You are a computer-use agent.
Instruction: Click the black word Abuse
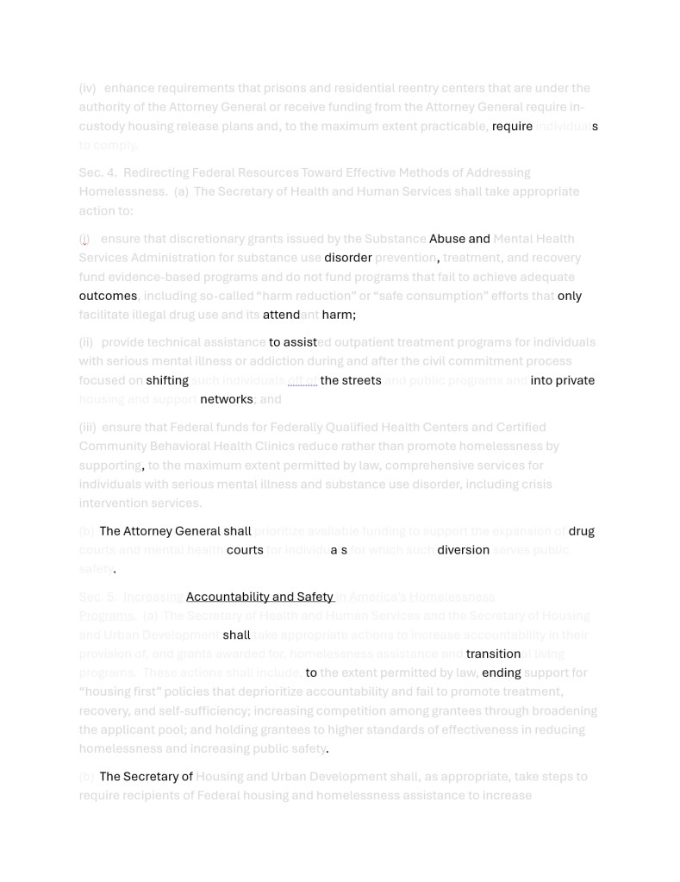tap(446, 239)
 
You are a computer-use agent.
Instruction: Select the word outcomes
tap(108, 296)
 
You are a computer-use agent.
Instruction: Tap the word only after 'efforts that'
tap(569, 296)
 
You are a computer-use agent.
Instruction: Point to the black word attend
tap(281, 315)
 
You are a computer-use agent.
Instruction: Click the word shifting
tap(167, 380)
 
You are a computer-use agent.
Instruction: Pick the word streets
tap(362, 380)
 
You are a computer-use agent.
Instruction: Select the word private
tap(575, 380)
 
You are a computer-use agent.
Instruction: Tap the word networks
tap(226, 399)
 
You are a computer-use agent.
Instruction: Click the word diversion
tap(463, 550)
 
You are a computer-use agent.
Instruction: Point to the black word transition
tap(493, 654)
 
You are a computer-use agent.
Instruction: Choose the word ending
tap(501, 672)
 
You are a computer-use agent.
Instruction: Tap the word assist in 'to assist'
tap(300, 342)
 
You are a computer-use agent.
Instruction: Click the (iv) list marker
tap(87, 88)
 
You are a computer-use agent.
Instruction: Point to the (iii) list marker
tap(87, 427)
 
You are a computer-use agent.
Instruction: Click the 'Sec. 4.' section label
tap(97, 172)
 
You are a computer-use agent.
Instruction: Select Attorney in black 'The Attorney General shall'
tap(149, 531)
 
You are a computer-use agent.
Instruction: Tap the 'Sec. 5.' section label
tap(97, 597)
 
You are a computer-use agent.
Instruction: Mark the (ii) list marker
tap(86, 342)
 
